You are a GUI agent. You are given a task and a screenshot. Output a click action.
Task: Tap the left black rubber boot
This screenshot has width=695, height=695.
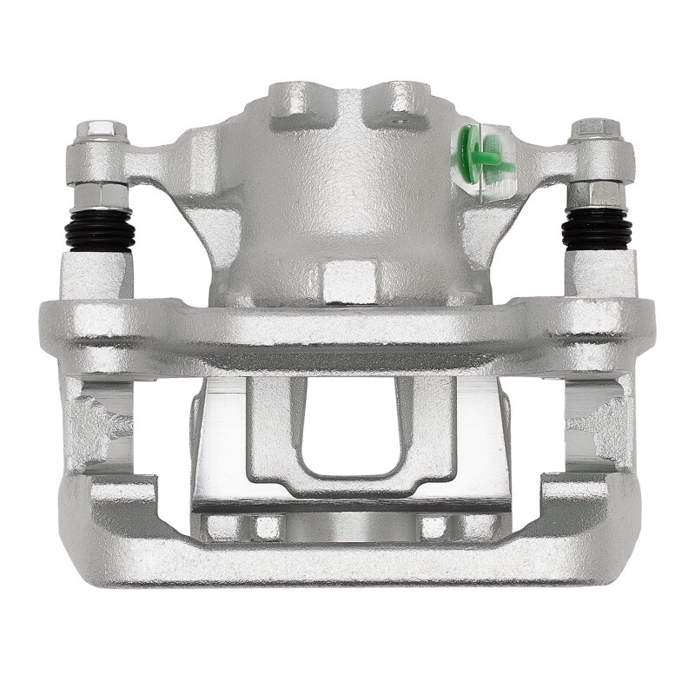click(x=98, y=229)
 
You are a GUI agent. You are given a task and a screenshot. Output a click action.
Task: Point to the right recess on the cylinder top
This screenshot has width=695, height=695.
click(x=400, y=98)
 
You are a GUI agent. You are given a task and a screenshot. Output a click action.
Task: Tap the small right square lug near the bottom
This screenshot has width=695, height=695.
click(x=434, y=526)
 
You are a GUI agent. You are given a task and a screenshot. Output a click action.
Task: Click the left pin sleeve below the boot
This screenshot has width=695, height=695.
click(x=96, y=275)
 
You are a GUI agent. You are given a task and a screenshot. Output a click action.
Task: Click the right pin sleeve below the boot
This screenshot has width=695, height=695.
click(x=597, y=275)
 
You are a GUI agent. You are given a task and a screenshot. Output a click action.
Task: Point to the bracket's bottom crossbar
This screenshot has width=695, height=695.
click(x=347, y=565)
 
